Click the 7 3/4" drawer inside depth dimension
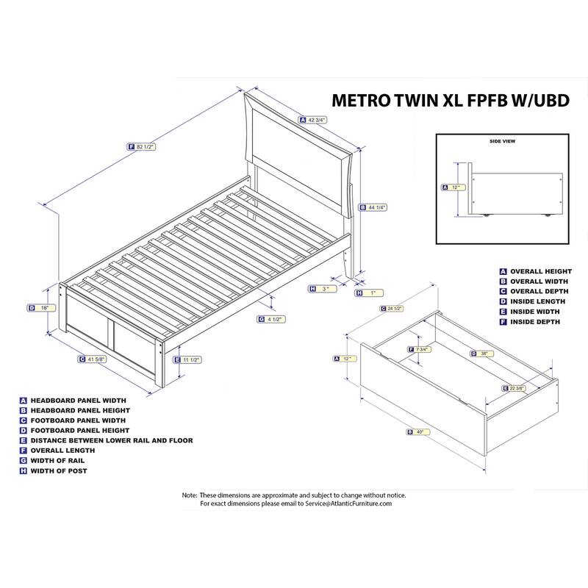(x=420, y=349)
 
